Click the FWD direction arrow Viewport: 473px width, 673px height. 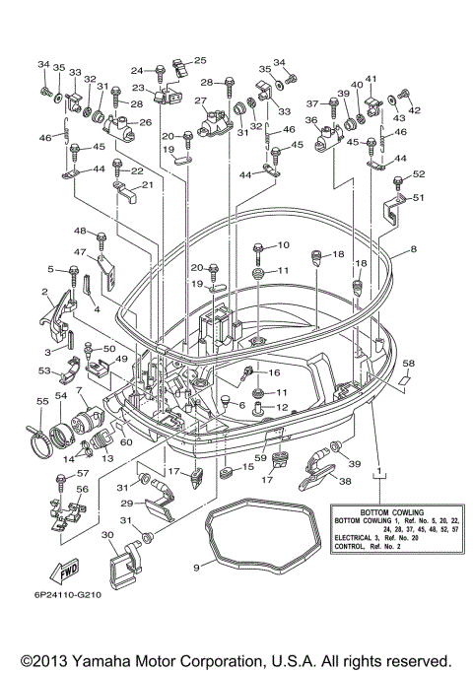[x=65, y=572]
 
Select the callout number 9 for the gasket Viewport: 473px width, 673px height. [x=196, y=568]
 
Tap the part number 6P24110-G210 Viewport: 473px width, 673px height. [x=68, y=595]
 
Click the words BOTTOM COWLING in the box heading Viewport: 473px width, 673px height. [x=392, y=512]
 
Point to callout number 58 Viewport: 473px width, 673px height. [x=408, y=364]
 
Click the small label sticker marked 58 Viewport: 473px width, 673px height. [x=403, y=379]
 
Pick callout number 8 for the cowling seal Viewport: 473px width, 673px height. [x=413, y=248]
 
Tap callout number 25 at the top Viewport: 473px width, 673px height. [x=200, y=60]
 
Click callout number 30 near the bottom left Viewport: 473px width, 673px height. [x=107, y=535]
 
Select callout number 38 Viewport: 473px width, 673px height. [x=345, y=481]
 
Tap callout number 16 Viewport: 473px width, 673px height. [x=274, y=372]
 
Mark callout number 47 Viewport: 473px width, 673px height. [x=80, y=252]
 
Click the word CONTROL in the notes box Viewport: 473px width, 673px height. [x=350, y=547]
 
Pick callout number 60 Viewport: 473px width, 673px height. [x=126, y=441]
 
